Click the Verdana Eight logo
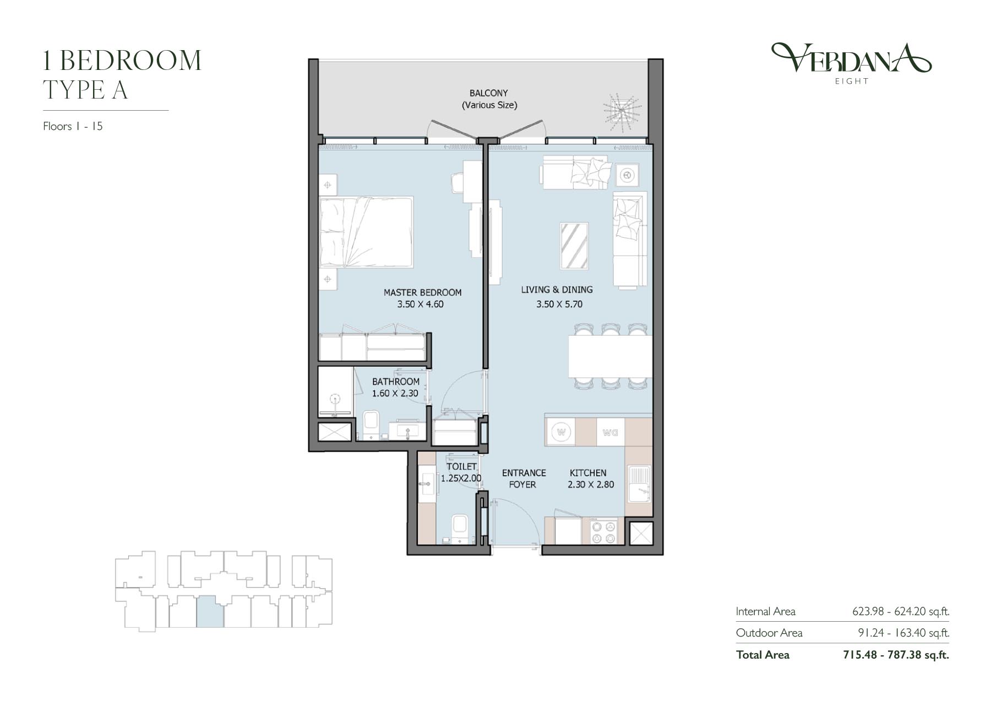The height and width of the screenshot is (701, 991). (851, 63)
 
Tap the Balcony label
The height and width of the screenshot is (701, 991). (489, 99)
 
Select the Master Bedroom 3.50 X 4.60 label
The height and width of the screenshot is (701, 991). (422, 298)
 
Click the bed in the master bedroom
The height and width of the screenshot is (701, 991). (366, 232)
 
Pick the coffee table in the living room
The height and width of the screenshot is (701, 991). (574, 246)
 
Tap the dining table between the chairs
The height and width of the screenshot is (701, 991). (610, 356)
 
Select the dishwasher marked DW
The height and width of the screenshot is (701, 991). (610, 432)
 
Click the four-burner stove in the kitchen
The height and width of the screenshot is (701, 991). (603, 531)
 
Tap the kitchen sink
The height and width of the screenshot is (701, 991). (639, 483)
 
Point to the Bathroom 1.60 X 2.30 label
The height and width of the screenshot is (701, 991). (395, 387)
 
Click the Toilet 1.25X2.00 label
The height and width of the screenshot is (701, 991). (461, 472)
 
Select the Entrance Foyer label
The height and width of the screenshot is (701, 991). (524, 479)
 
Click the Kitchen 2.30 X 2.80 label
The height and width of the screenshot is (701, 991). (590, 479)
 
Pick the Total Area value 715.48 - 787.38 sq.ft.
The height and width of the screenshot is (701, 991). (896, 655)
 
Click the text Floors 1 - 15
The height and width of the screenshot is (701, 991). (73, 126)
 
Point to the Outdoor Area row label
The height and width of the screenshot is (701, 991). (769, 633)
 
